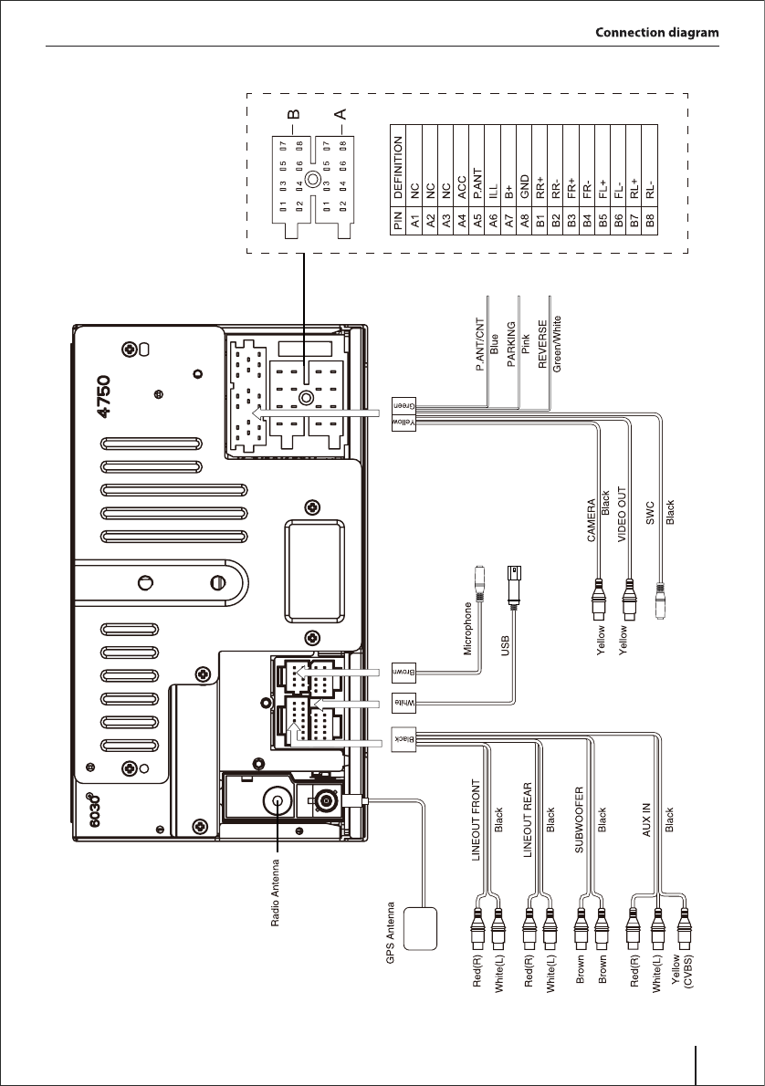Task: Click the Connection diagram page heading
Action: tap(656, 33)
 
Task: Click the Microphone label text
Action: tap(467, 629)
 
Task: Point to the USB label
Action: tap(504, 647)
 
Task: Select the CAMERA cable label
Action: tap(591, 519)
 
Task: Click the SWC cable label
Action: tap(650, 515)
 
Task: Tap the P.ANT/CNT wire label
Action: tap(480, 348)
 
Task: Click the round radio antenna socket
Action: tap(276, 801)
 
